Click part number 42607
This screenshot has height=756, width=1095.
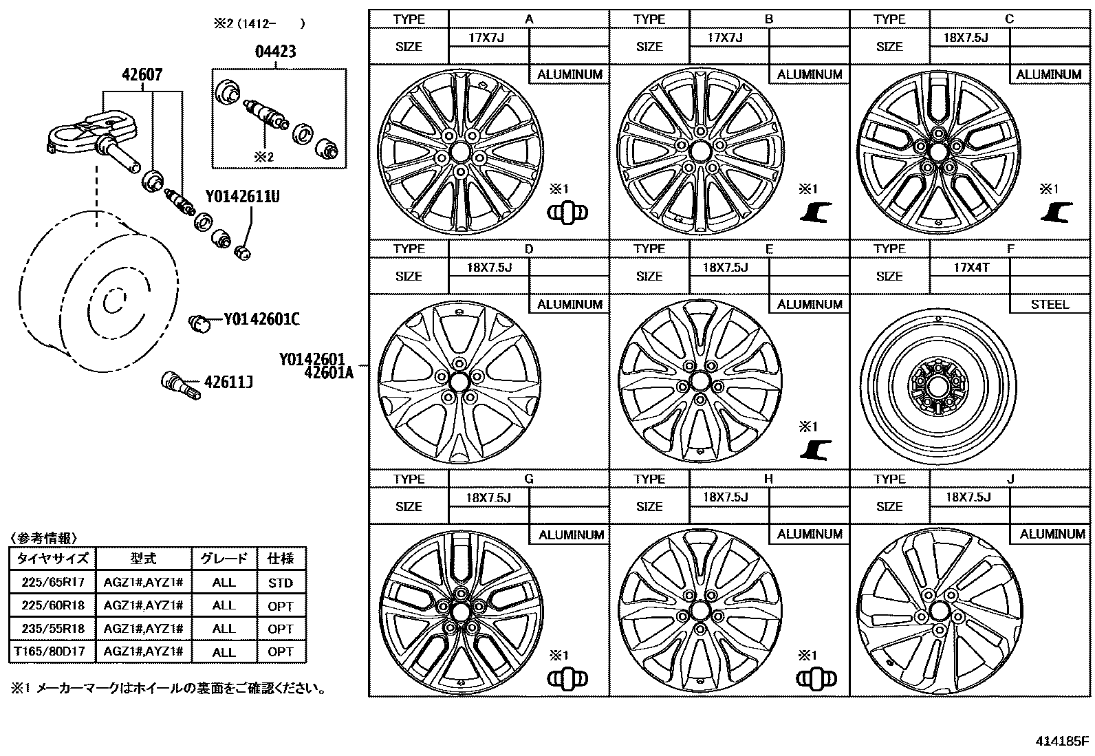(x=142, y=75)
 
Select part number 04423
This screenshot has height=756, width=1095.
(x=276, y=52)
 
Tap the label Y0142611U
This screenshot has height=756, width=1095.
(x=242, y=197)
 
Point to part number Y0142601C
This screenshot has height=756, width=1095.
(x=261, y=320)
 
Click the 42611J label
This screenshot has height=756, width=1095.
(x=228, y=381)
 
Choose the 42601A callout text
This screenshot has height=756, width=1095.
(x=328, y=373)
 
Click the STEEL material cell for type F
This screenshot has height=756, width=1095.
(x=1050, y=304)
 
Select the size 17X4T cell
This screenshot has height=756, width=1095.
(x=971, y=268)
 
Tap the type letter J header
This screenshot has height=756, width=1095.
(x=1010, y=479)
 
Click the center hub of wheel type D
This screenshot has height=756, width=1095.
(x=459, y=380)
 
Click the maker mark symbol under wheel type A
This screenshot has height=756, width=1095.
(x=567, y=213)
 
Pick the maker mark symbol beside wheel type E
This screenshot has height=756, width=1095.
(x=816, y=449)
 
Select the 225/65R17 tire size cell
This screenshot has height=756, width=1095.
(x=53, y=583)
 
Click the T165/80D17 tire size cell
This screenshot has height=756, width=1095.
(x=53, y=651)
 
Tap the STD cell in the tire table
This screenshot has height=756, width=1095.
(x=281, y=583)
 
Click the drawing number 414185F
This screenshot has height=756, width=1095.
(x=1062, y=742)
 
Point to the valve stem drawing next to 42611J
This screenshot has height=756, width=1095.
(x=179, y=383)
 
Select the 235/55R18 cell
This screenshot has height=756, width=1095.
(x=53, y=629)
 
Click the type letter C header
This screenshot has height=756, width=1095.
(x=1010, y=19)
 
